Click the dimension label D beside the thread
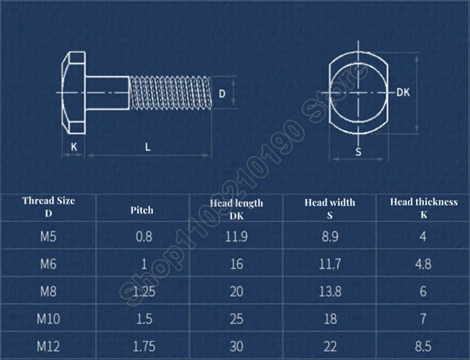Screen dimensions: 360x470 (222, 93)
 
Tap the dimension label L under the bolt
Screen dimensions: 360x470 (147, 147)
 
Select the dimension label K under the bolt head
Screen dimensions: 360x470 (73, 147)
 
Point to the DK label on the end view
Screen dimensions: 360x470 (403, 92)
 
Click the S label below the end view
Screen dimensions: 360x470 (358, 152)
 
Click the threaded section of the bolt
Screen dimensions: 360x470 (170, 93)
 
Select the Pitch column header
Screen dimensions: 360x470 (142, 210)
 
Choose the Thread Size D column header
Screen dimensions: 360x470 (48, 207)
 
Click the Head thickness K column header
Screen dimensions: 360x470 (424, 207)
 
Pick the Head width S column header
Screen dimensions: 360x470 (330, 207)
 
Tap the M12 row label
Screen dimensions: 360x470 (48, 346)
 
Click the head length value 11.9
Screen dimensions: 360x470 (236, 237)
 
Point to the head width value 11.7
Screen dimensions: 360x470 (330, 264)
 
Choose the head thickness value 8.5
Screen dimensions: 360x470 (424, 346)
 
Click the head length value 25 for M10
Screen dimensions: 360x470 (236, 319)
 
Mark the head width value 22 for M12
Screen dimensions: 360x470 (330, 346)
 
